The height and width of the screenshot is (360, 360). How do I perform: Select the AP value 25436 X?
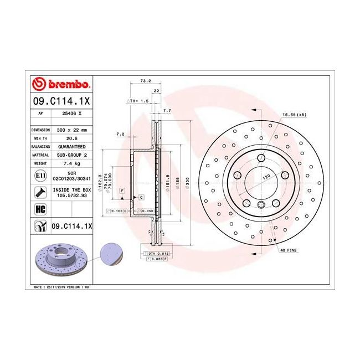point(71,112)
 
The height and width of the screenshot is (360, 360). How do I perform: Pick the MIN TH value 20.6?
point(71,138)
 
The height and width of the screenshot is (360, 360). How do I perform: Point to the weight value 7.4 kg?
point(71,164)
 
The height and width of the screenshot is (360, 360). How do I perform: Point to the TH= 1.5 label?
point(139,101)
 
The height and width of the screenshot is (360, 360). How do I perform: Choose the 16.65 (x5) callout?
point(294,115)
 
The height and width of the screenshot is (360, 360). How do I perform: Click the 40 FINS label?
point(289,250)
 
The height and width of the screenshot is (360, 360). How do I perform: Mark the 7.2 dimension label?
point(120,134)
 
